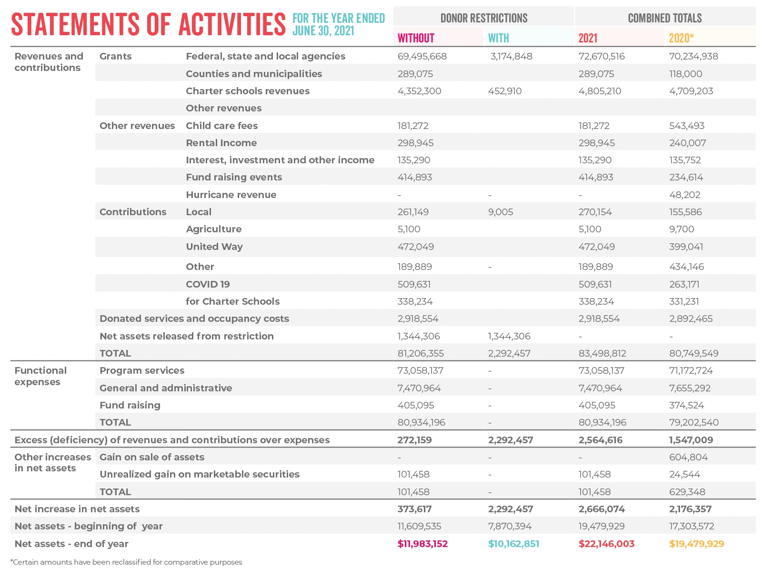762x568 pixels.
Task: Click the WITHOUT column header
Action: (416, 38)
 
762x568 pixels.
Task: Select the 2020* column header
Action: (681, 38)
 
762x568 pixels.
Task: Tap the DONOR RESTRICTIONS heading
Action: (483, 18)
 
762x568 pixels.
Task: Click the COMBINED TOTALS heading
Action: (664, 18)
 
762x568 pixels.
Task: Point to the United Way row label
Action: (214, 247)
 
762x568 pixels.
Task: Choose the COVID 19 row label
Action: (208, 284)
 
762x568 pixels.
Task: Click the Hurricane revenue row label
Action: (231, 195)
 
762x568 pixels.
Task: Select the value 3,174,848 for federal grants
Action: (511, 56)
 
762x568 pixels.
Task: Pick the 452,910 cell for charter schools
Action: (505, 91)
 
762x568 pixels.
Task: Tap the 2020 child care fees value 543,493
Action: (686, 126)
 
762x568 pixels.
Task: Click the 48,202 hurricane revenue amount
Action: (684, 195)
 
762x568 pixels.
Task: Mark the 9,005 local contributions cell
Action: (501, 212)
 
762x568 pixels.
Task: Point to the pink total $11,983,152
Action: (422, 544)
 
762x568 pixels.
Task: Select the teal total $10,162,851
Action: (513, 544)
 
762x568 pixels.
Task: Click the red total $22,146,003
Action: (606, 544)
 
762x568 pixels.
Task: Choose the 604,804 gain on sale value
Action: (688, 457)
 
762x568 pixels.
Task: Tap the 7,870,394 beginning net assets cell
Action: (510, 526)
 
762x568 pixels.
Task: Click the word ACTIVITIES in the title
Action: (232, 24)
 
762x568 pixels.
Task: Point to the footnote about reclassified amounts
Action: (126, 562)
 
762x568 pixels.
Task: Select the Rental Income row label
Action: (221, 143)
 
